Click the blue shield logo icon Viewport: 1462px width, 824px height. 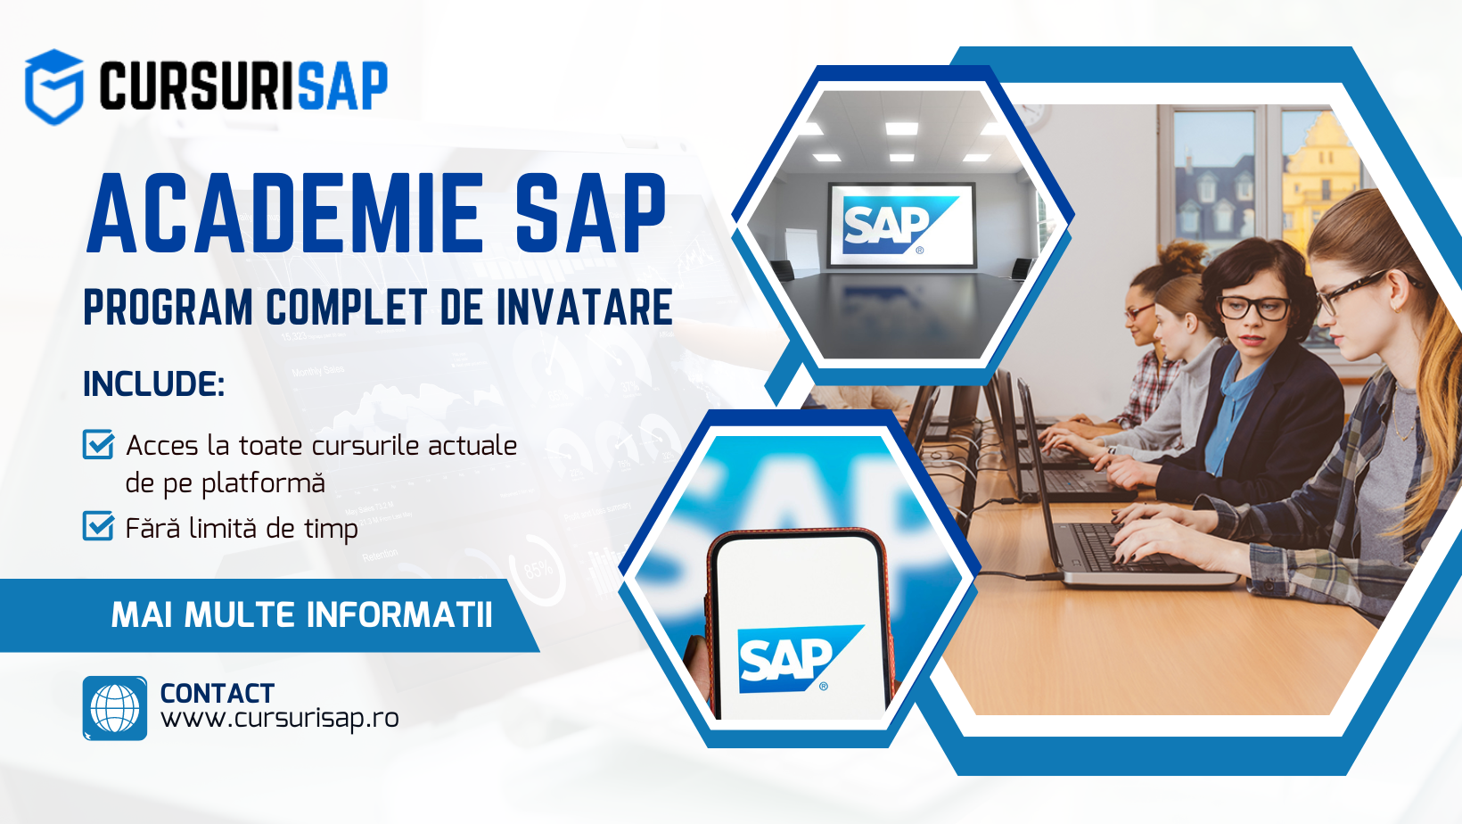(54, 87)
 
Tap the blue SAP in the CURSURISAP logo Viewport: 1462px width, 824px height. (343, 86)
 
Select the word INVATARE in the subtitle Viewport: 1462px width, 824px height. (585, 307)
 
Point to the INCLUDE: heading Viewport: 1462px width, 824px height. (154, 383)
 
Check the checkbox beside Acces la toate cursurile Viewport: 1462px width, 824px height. (99, 444)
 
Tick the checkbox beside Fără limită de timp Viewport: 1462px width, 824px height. (99, 525)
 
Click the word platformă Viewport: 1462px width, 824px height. (262, 484)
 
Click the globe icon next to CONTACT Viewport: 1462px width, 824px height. (115, 708)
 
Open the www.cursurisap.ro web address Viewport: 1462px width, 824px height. (280, 719)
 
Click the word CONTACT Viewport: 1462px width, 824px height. (218, 694)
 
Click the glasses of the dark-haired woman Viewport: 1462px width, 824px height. (1253, 308)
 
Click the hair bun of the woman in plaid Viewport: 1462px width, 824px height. (1180, 257)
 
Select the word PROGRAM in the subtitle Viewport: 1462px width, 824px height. (168, 307)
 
